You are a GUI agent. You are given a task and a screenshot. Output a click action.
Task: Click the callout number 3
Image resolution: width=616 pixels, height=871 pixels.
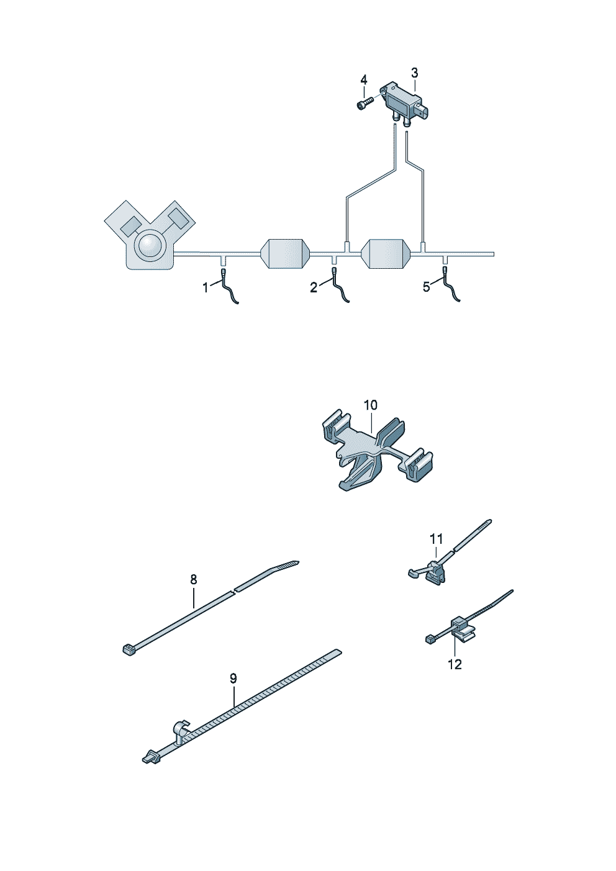(x=414, y=73)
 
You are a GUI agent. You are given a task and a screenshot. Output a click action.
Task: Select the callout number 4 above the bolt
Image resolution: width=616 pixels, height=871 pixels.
(x=363, y=80)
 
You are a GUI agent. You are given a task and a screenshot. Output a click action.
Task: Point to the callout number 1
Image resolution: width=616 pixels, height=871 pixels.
(x=205, y=288)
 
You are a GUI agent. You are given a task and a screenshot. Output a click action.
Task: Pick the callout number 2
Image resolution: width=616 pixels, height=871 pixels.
(x=313, y=287)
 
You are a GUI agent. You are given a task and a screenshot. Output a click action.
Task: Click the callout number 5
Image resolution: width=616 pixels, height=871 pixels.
(x=426, y=287)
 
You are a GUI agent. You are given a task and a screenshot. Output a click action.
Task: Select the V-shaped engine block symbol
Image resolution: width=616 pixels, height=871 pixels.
(x=150, y=236)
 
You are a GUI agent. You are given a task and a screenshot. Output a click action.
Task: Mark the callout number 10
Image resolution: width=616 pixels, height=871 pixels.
(x=371, y=405)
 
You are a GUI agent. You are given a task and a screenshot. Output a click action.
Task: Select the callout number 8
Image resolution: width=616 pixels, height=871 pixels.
(x=193, y=579)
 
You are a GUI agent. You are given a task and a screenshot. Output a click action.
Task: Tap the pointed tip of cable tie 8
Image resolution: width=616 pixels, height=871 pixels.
(x=298, y=561)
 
